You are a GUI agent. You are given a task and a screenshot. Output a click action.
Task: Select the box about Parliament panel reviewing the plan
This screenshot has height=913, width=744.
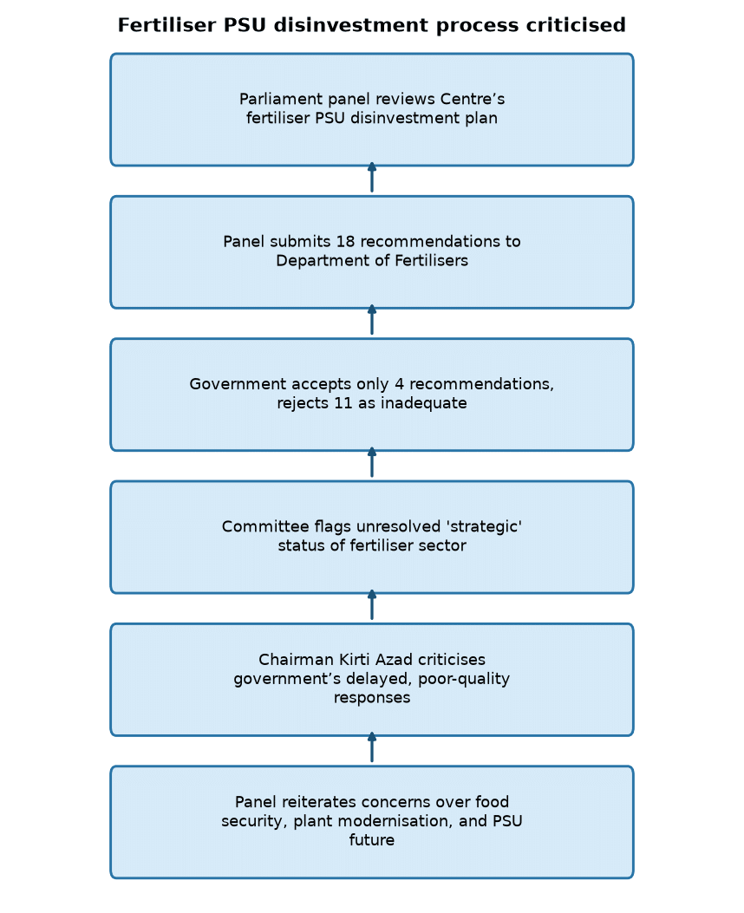372,109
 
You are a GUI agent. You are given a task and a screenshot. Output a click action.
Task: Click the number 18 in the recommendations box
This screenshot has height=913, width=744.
345,241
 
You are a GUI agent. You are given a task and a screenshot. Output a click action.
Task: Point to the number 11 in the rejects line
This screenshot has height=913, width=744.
343,403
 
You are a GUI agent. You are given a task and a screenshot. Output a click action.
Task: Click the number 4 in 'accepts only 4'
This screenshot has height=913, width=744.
399,384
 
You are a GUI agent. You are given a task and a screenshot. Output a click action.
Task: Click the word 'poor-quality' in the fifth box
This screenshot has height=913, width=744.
464,679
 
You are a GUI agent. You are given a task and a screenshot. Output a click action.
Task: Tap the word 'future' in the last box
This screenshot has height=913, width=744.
372,839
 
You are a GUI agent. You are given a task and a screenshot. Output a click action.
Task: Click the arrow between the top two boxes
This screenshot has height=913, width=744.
372,178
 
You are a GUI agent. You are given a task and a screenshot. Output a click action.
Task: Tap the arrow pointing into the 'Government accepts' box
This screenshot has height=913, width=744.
372,463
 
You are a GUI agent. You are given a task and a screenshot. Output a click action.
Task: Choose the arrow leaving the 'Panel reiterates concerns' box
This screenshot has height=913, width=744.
372,747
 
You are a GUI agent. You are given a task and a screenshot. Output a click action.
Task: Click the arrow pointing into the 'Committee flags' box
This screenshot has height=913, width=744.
372,605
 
